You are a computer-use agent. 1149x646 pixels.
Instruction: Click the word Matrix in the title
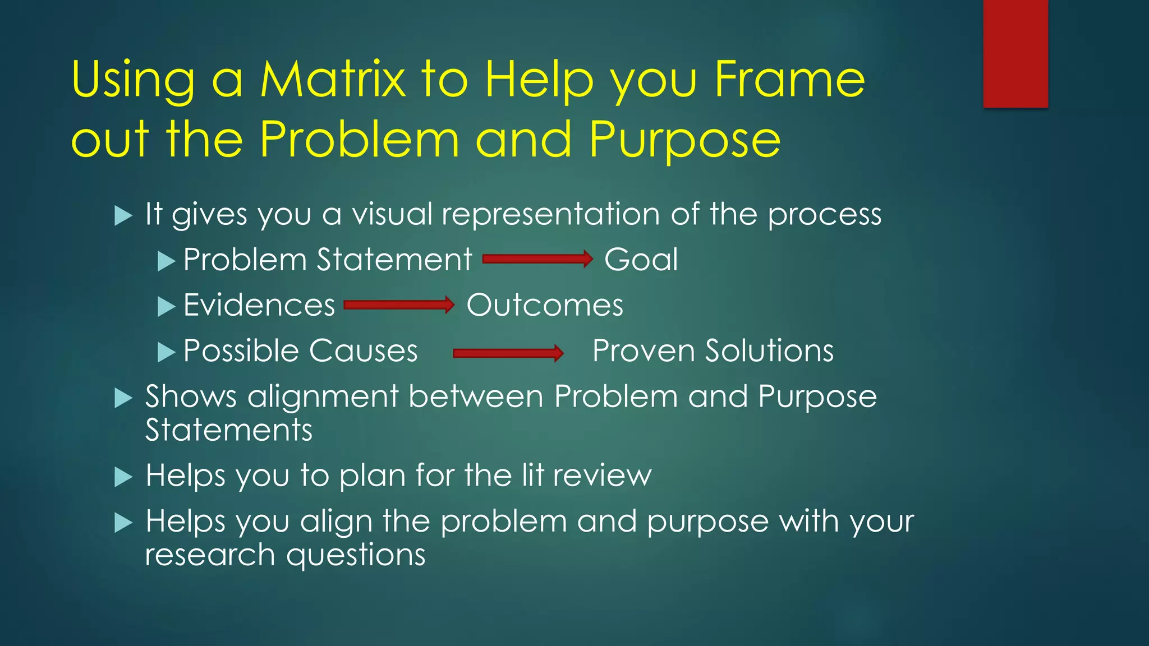click(332, 80)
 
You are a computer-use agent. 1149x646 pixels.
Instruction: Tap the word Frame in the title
click(789, 80)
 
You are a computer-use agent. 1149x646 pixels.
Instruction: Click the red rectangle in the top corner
click(1015, 53)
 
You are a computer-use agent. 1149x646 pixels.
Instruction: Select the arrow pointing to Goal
click(537, 259)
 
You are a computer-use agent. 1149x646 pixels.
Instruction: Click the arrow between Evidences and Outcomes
click(398, 305)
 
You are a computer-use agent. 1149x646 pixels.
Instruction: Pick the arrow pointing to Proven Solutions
click(508, 353)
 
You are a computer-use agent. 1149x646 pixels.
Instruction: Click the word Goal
click(641, 260)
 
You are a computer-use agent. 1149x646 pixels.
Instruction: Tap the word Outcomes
click(544, 306)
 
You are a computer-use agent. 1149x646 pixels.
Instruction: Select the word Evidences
click(259, 306)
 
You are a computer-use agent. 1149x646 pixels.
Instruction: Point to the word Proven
click(643, 351)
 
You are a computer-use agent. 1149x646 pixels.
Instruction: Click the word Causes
click(363, 351)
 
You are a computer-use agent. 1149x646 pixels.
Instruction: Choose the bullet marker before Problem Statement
click(166, 261)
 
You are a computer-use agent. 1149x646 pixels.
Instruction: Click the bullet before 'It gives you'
click(123, 216)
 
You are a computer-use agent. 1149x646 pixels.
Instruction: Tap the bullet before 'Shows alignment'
click(123, 398)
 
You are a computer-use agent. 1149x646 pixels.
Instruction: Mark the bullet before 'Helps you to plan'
click(123, 477)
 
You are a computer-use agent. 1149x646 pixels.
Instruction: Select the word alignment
click(323, 397)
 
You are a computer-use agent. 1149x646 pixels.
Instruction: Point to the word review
click(601, 476)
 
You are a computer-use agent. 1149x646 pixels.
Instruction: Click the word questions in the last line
click(356, 556)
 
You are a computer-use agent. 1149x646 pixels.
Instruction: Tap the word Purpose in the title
click(684, 140)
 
